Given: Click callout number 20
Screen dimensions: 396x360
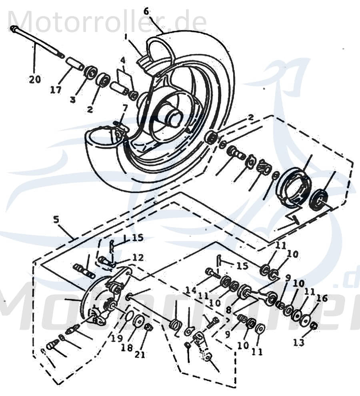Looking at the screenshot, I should pyautogui.click(x=34, y=80).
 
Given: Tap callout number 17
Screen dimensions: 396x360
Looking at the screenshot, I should pyautogui.click(x=56, y=90).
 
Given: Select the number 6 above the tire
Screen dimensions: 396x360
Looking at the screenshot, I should pyautogui.click(x=146, y=11).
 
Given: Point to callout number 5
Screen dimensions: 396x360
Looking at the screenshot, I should pyautogui.click(x=56, y=219).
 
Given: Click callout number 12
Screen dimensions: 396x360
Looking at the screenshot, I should pyautogui.click(x=138, y=258).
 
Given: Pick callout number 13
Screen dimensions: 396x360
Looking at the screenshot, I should pyautogui.click(x=299, y=342).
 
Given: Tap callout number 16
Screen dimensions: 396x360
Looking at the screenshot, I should pyautogui.click(x=322, y=298).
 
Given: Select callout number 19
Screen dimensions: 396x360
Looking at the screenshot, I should pyautogui.click(x=117, y=338).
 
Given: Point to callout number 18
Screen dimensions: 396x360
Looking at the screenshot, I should pyautogui.click(x=127, y=348).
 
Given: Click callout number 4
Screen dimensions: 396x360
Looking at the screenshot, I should pyautogui.click(x=123, y=61).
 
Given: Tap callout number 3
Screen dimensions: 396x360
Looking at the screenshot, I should pyautogui.click(x=72, y=100).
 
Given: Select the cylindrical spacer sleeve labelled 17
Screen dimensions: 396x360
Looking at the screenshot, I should pyautogui.click(x=75, y=63).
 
